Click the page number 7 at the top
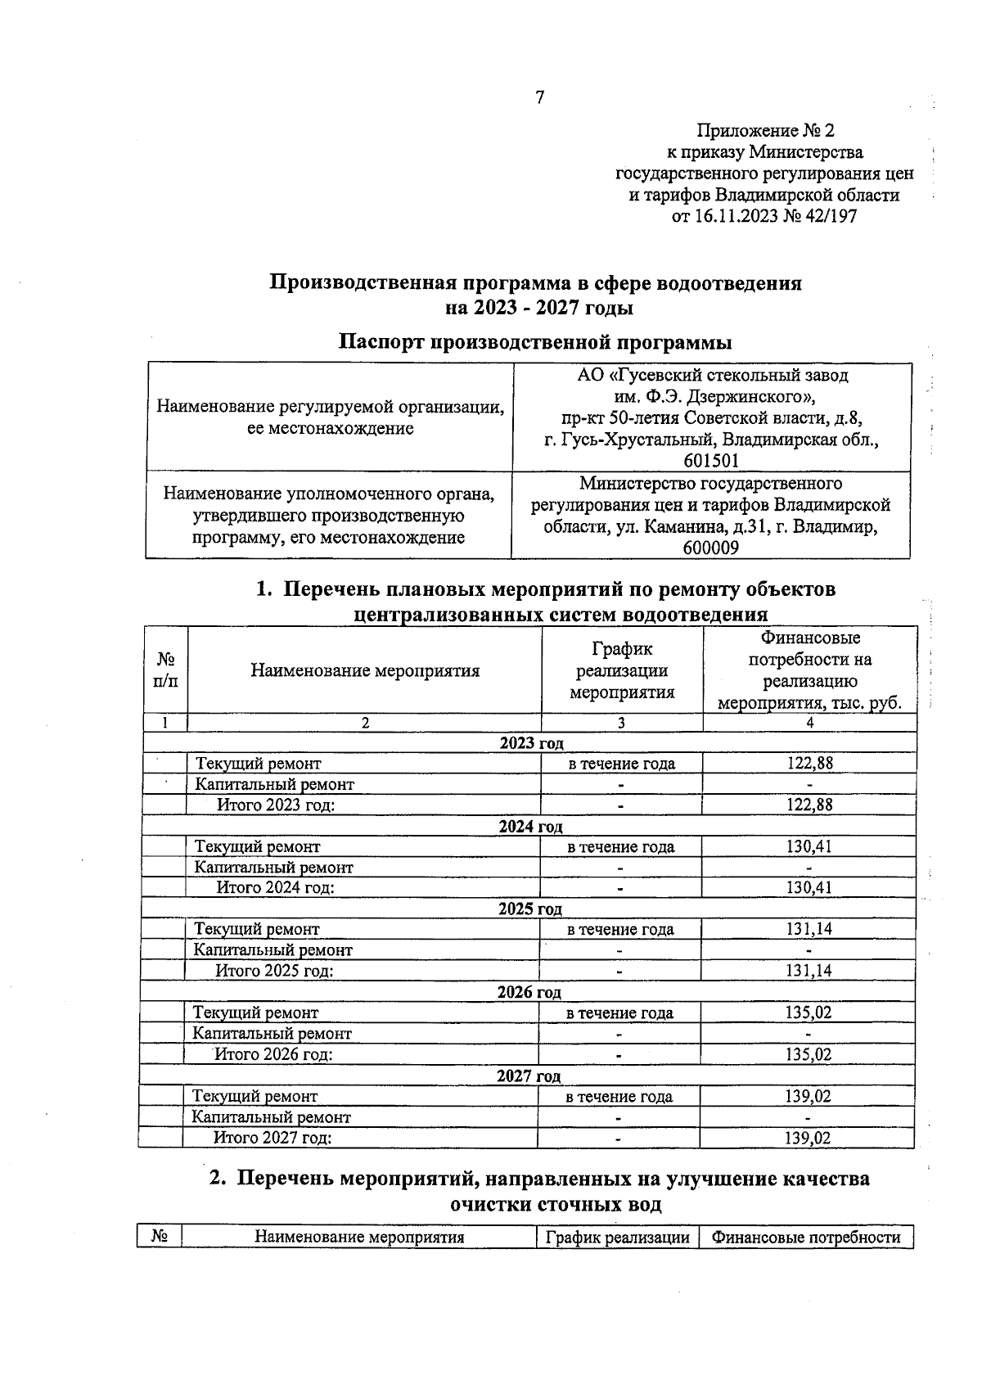(x=539, y=98)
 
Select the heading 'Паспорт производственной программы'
(x=535, y=341)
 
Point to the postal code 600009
(x=710, y=548)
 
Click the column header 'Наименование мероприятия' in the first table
(x=364, y=671)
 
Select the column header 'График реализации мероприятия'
(x=621, y=671)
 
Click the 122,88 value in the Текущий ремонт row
(x=809, y=764)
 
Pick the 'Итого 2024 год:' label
(x=275, y=888)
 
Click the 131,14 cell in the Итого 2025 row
(x=808, y=972)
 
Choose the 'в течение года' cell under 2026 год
(x=619, y=1013)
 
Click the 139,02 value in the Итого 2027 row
(x=807, y=1138)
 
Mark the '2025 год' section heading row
(x=529, y=909)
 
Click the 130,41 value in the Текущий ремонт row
(x=808, y=846)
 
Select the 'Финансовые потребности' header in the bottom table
(x=805, y=1237)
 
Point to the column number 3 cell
(x=621, y=723)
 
